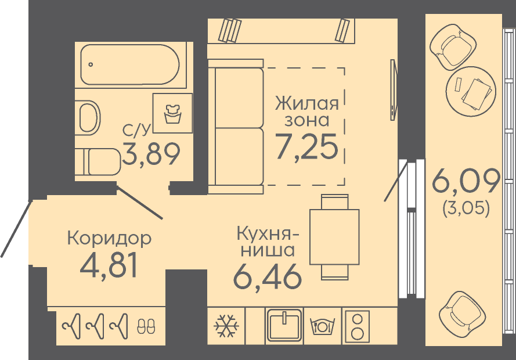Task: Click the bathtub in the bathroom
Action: [x=130, y=64]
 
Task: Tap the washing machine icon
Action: [x=172, y=113]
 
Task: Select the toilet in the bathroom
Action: [x=98, y=162]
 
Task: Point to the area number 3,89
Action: [x=151, y=154]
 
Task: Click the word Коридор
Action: [x=109, y=238]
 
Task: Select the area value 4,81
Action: [x=109, y=266]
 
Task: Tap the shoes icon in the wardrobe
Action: [x=146, y=326]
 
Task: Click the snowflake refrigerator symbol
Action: [x=226, y=326]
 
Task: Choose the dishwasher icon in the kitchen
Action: [x=323, y=326]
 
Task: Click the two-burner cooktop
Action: [x=356, y=325]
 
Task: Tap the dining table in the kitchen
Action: [x=334, y=237]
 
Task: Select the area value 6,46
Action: [x=267, y=276]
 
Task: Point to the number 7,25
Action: [x=306, y=147]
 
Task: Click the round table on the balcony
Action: [x=471, y=92]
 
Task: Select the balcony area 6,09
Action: [x=466, y=181]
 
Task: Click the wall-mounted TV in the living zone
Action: [x=394, y=90]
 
